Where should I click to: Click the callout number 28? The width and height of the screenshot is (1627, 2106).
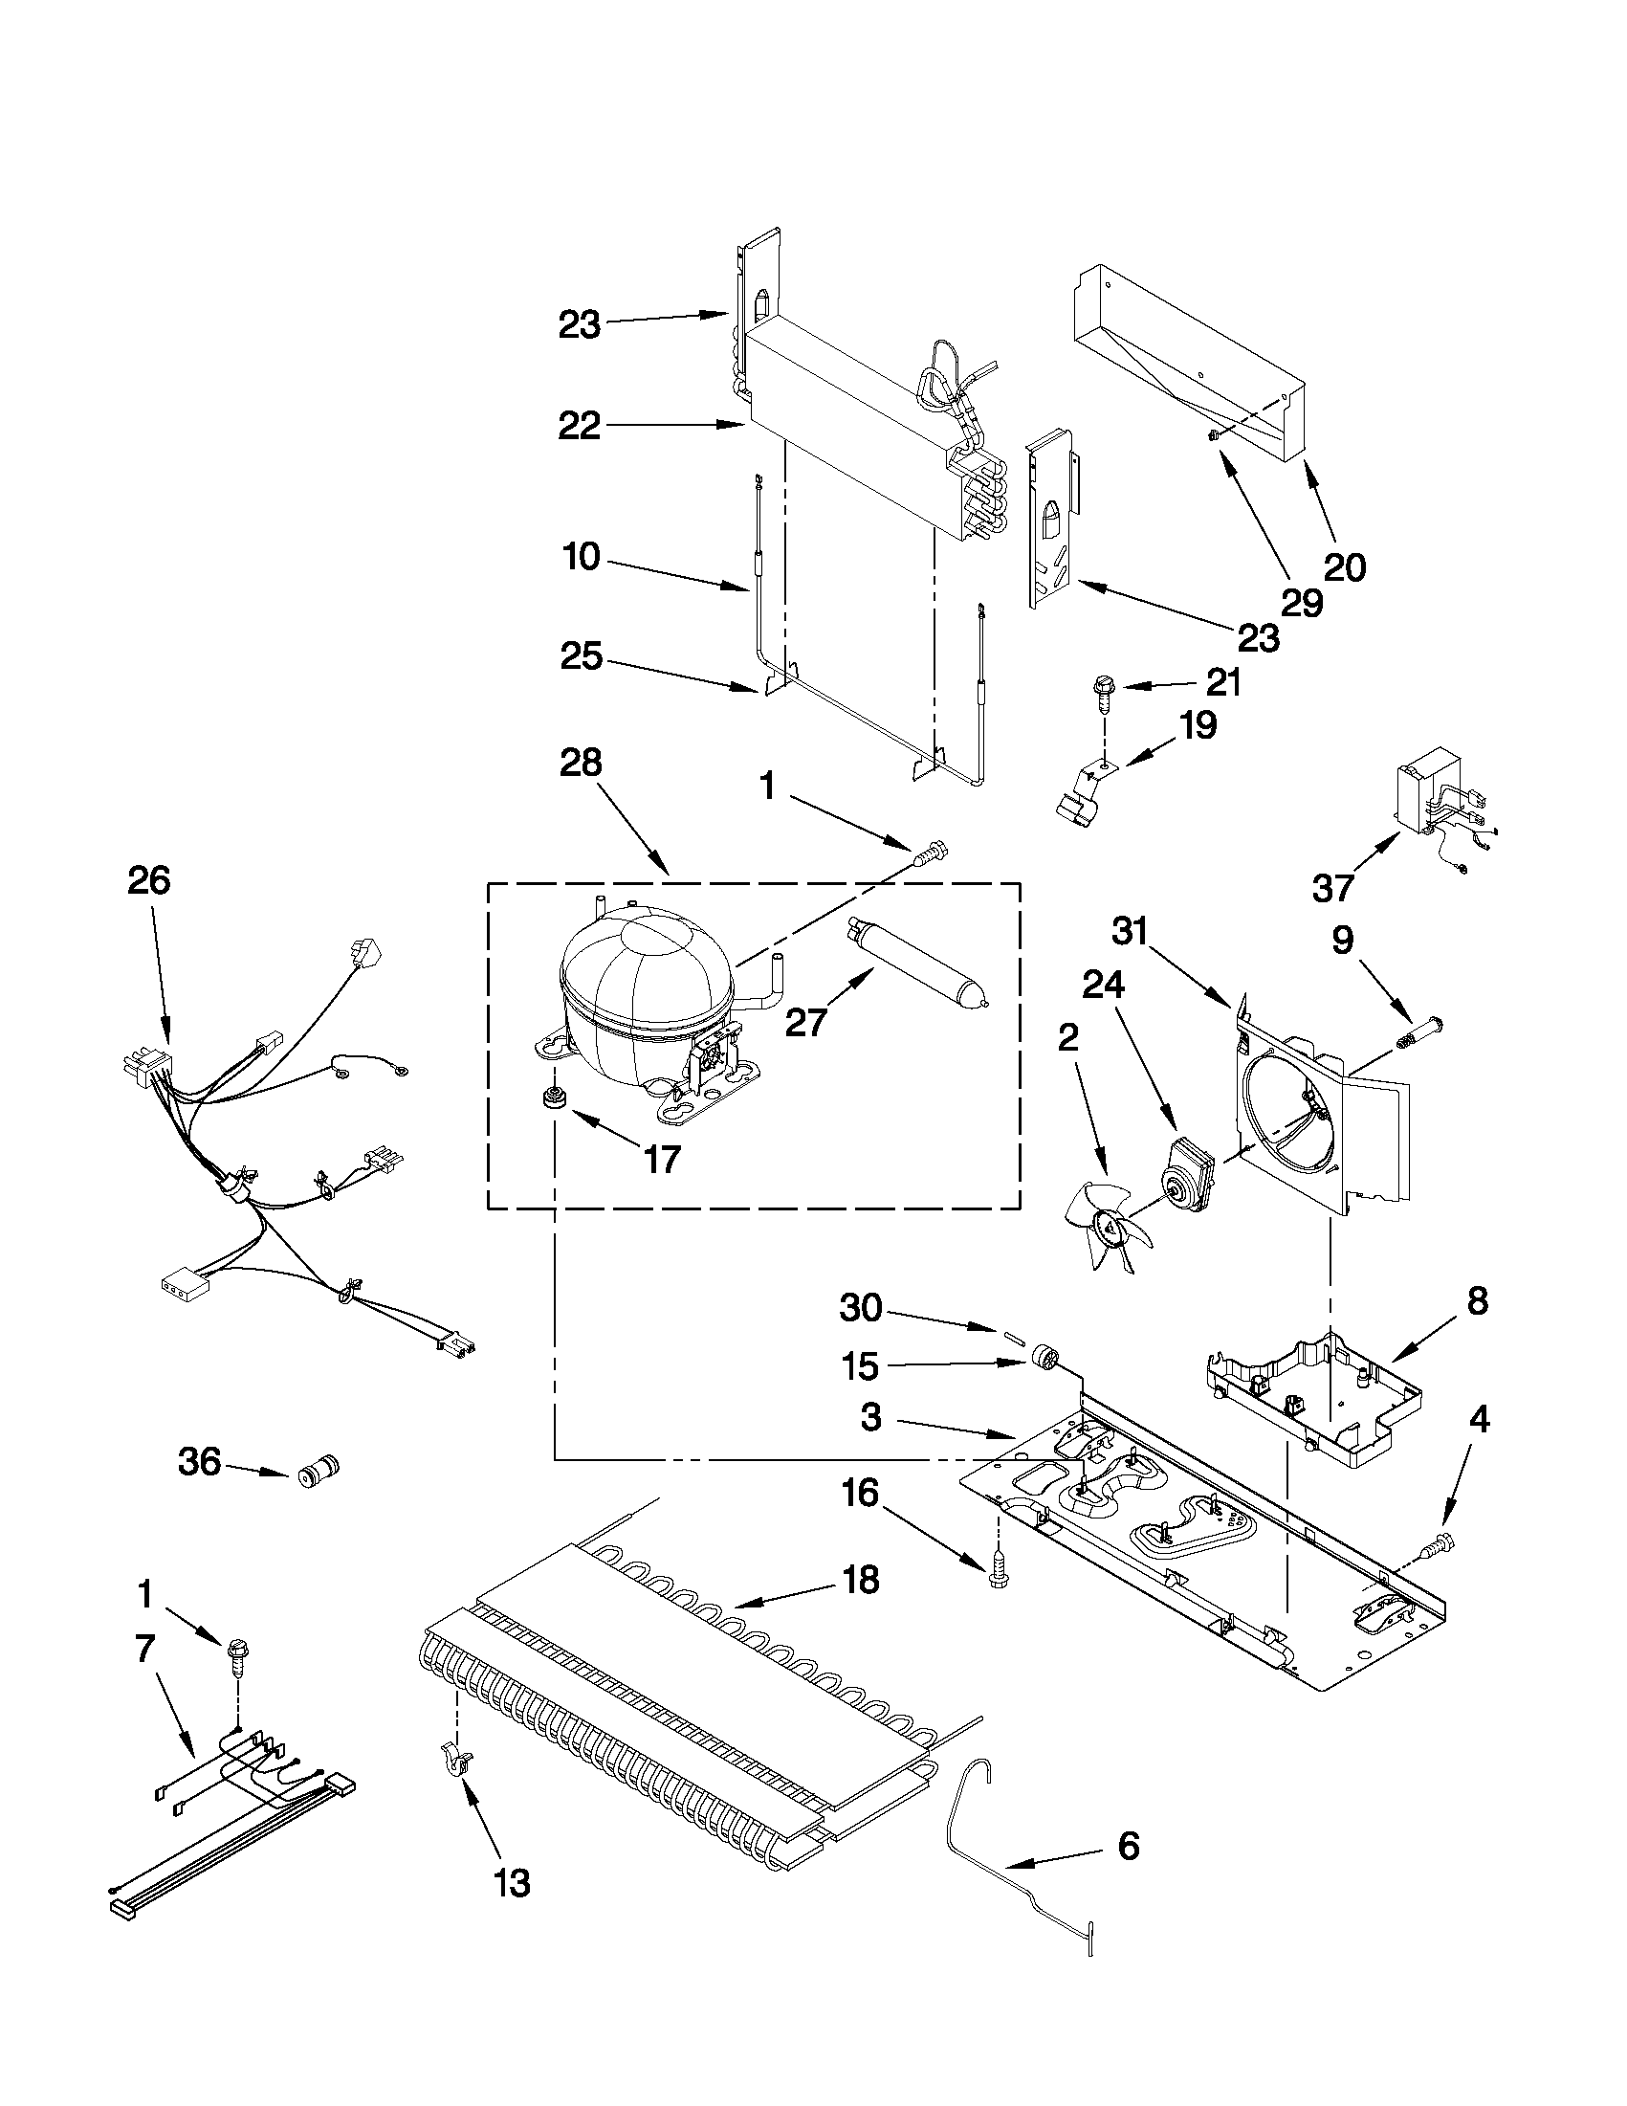[x=581, y=763]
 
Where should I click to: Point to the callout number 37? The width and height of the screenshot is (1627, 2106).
[x=1333, y=887]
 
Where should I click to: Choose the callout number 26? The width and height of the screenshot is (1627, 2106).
[x=149, y=880]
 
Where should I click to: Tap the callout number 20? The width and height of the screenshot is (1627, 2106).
[x=1345, y=567]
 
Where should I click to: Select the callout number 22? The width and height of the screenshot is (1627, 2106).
[x=580, y=425]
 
